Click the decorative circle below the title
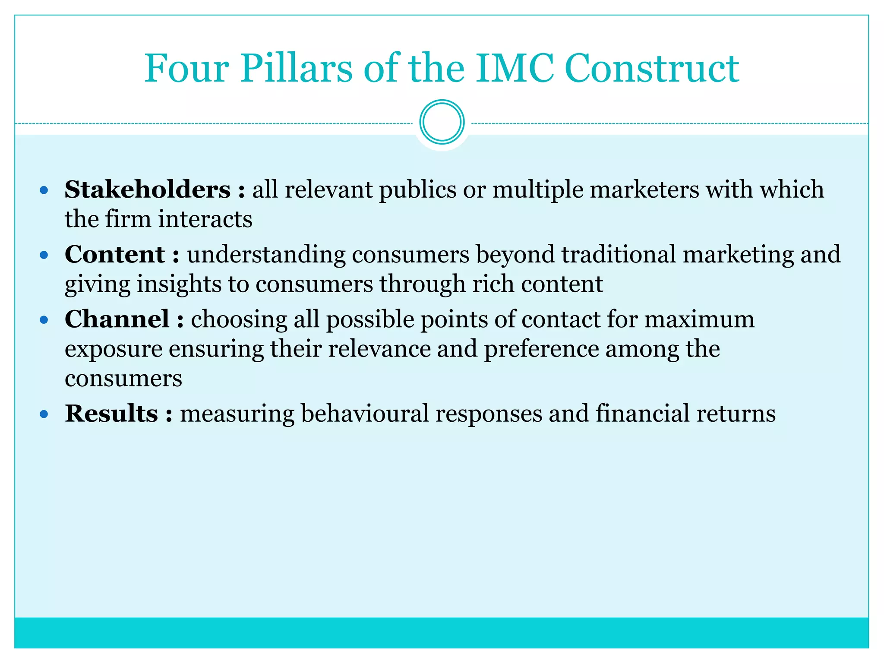pyautogui.click(x=442, y=122)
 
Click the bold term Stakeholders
pyautogui.click(x=148, y=189)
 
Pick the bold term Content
pyautogui.click(x=115, y=254)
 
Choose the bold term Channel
pyautogui.click(x=117, y=319)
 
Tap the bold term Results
pyautogui.click(x=111, y=414)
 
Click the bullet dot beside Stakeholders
pyautogui.click(x=44, y=190)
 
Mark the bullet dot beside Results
pyautogui.click(x=44, y=415)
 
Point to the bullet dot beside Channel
pyautogui.click(x=44, y=320)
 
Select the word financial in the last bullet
pyautogui.click(x=642, y=414)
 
